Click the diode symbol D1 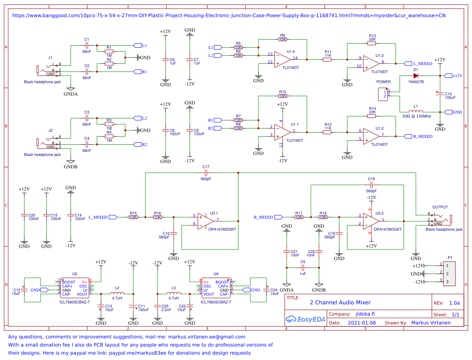(x=415, y=76)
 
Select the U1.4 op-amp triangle (x=282, y=59)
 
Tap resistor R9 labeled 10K (x=282, y=39)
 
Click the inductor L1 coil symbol (x=415, y=112)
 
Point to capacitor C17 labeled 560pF (x=206, y=173)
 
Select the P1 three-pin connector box (x=450, y=274)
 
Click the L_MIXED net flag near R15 (x=102, y=217)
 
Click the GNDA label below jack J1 (x=71, y=94)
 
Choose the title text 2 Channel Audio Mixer (x=340, y=303)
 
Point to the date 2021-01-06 (x=362, y=323)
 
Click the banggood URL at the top (x=229, y=15)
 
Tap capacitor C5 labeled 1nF (x=303, y=267)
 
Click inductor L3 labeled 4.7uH (x=174, y=294)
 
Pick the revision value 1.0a (x=454, y=303)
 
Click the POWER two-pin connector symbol (x=382, y=95)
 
